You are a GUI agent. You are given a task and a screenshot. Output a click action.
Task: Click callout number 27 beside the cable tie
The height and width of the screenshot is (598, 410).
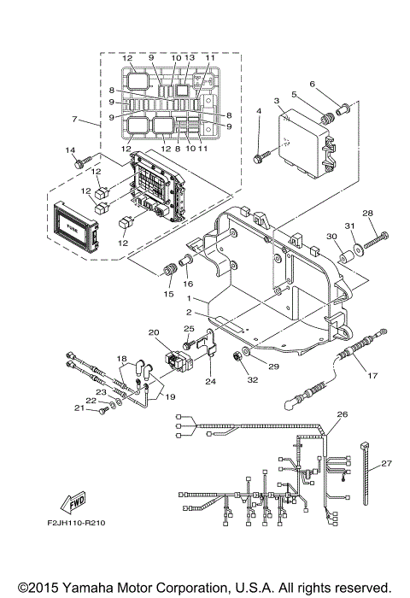coord(386,464)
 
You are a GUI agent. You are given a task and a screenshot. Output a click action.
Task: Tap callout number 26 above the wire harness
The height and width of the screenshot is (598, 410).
coord(343,414)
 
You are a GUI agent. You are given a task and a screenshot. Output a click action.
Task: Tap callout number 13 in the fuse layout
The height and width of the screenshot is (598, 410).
coord(190,58)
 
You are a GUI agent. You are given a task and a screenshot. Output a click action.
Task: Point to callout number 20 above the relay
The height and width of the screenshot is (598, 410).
coord(155,331)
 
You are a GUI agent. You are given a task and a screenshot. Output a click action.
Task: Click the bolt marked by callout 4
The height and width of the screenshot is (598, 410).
coord(259,157)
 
